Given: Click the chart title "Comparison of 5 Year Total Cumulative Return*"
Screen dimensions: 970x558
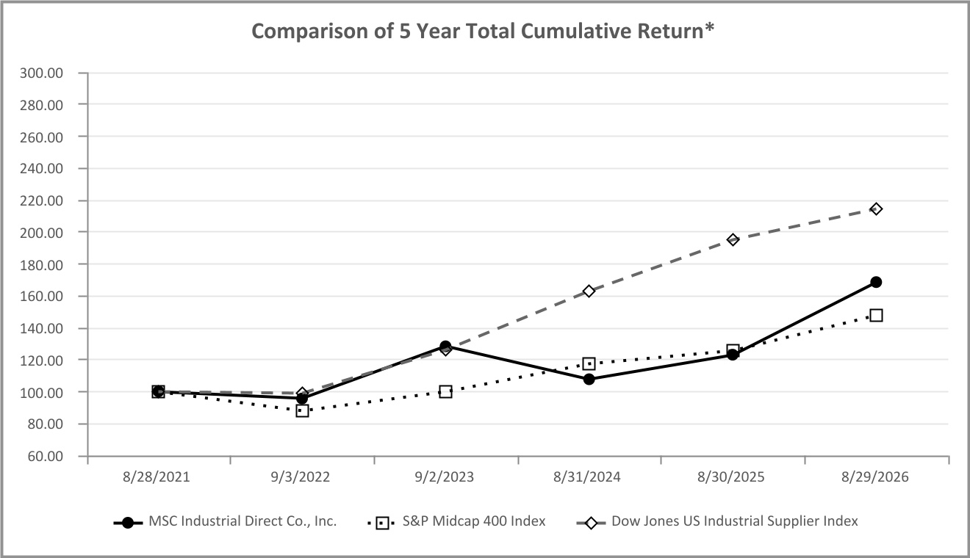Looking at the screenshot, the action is point(483,31).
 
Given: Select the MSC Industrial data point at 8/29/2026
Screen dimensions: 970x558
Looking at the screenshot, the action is point(876,282).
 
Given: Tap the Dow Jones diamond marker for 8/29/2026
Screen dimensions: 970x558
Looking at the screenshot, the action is point(876,209).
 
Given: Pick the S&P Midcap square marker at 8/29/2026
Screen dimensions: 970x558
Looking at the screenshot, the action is point(876,315).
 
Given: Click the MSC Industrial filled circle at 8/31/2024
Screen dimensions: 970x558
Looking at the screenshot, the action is point(589,380).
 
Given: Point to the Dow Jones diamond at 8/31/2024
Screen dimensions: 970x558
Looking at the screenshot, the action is point(589,291).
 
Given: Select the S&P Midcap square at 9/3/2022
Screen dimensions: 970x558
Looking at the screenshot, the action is point(302,410).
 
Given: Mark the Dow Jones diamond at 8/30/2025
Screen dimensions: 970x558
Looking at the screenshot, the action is point(733,239).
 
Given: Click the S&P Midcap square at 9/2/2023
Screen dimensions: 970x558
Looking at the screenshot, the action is point(445,392).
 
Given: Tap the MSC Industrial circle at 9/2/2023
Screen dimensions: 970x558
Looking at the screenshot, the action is point(445,346).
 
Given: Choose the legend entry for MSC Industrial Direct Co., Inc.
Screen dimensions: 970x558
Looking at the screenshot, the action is point(225,522).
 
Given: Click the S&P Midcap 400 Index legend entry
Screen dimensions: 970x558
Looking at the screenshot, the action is point(456,522).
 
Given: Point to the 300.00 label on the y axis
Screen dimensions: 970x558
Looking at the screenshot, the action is point(42,73).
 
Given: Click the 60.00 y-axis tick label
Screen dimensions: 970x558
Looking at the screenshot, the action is point(46,457).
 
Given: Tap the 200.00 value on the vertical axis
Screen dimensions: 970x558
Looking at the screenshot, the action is point(42,233).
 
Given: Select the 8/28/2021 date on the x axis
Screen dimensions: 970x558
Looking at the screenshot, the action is point(157,477).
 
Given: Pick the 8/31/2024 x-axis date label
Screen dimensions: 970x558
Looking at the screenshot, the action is point(587,477).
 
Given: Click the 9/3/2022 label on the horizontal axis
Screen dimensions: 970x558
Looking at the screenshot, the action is point(301,477).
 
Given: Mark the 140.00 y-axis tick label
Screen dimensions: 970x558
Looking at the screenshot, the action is point(42,329).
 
